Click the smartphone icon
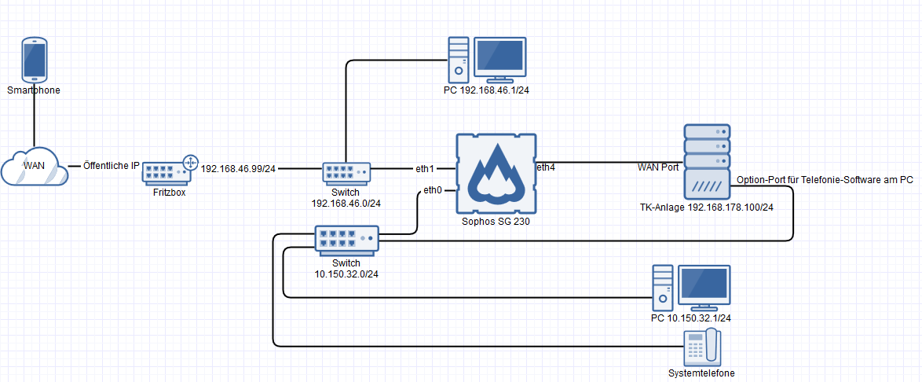pyautogui.click(x=34, y=61)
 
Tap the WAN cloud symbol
pyautogui.click(x=33, y=164)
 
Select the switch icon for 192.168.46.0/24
pyautogui.click(x=346, y=173)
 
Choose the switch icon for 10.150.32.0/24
pyautogui.click(x=346, y=238)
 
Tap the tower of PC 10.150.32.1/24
pyautogui.click(x=664, y=288)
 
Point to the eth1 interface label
pyautogui.click(x=425, y=169)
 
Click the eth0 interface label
pyautogui.click(x=432, y=190)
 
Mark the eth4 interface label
pyautogui.click(x=545, y=167)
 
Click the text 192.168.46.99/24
pyautogui.click(x=239, y=168)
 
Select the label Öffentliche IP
pyautogui.click(x=112, y=166)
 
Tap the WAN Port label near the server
pyautogui.click(x=658, y=167)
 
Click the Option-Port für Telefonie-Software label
pyautogui.click(x=825, y=180)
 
